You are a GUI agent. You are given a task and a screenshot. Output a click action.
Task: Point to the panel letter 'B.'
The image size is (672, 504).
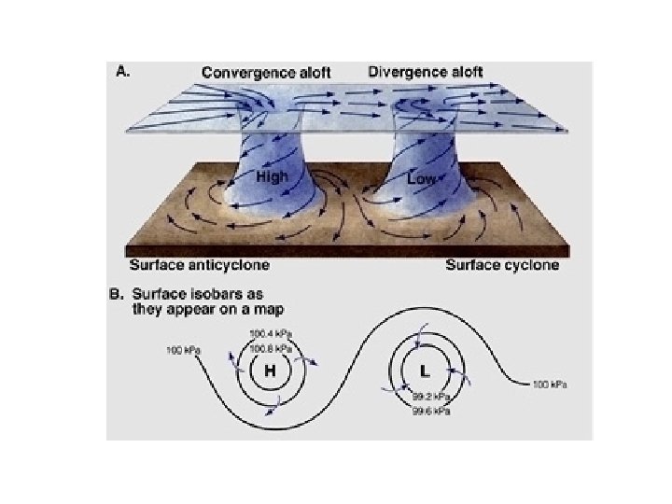(x=119, y=294)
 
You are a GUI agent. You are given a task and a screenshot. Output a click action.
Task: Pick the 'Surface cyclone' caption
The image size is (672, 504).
(x=502, y=265)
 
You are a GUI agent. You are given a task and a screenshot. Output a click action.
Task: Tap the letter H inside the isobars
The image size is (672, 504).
(x=271, y=371)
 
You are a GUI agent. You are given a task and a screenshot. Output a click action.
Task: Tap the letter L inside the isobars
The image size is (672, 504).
(x=425, y=371)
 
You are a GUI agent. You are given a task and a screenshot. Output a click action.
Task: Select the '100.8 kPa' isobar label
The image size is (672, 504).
(x=270, y=346)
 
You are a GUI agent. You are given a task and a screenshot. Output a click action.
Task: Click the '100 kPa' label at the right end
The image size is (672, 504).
(x=549, y=384)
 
